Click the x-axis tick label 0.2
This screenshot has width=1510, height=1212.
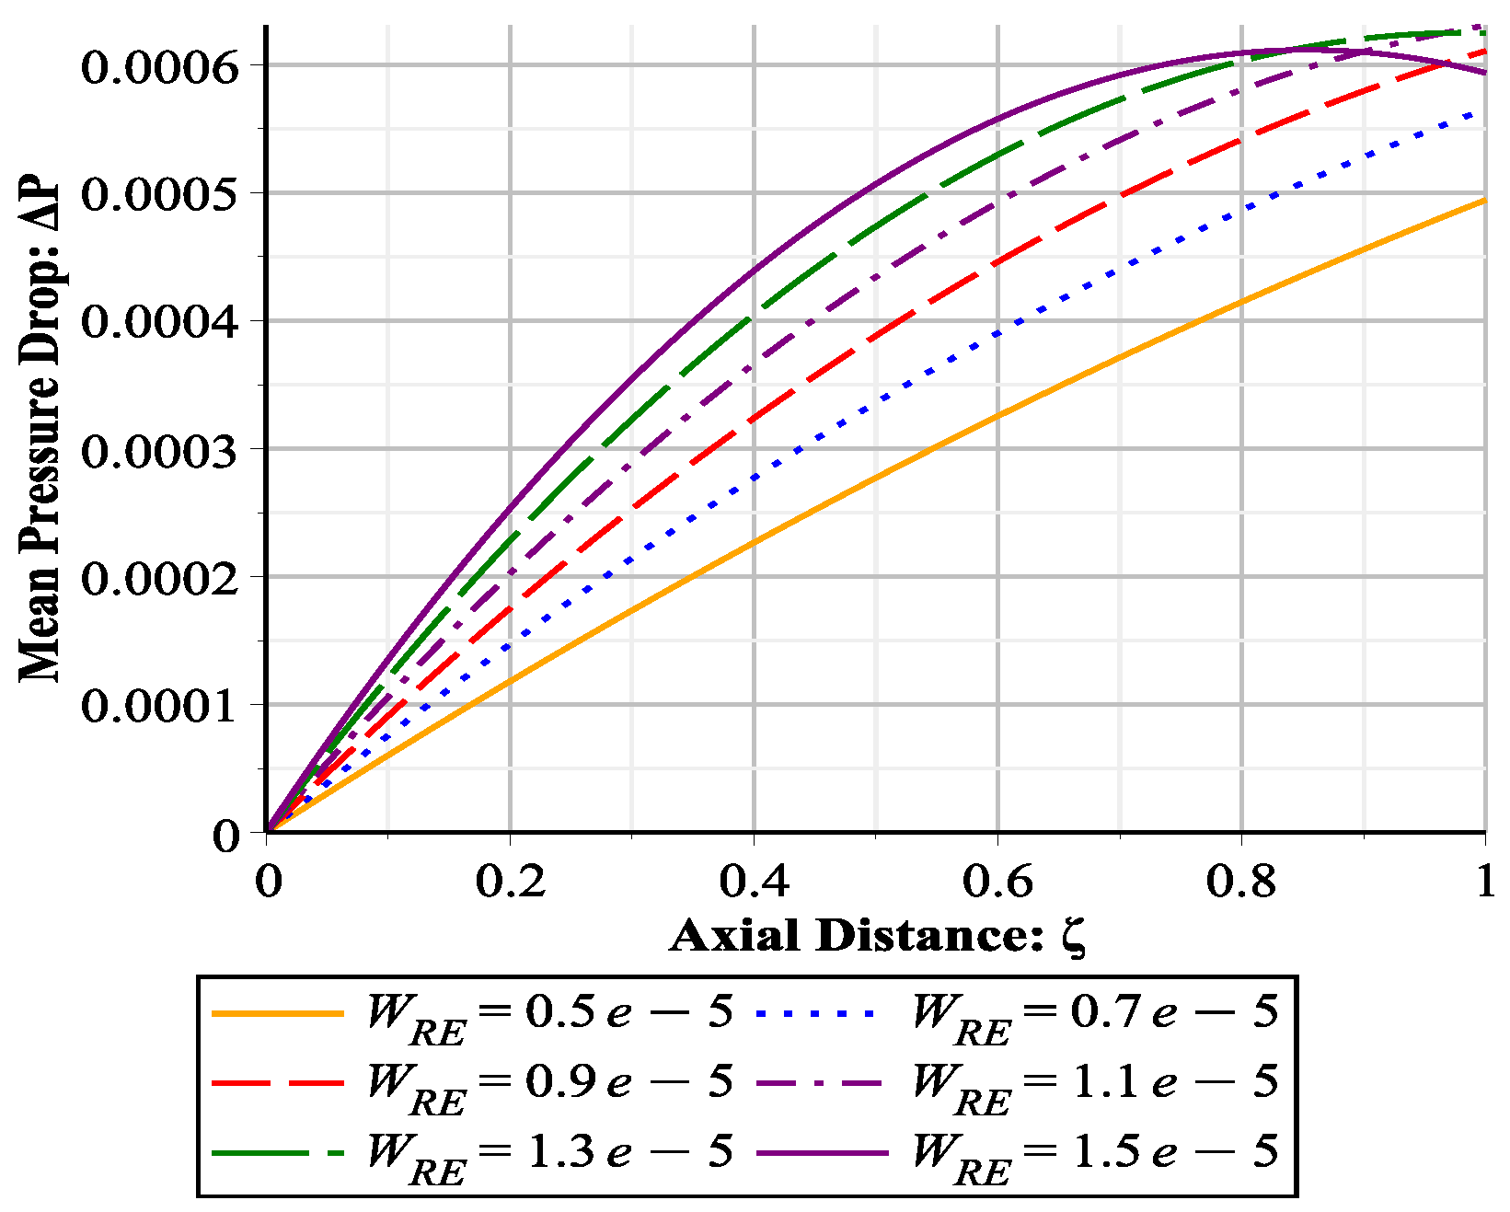(x=510, y=881)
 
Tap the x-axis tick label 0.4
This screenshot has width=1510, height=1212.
(x=754, y=881)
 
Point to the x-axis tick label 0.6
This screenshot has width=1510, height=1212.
(x=997, y=881)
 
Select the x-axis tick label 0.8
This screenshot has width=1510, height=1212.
(x=1241, y=881)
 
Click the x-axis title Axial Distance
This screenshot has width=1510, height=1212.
(x=877, y=936)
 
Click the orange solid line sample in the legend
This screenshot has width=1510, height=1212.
(x=277, y=1013)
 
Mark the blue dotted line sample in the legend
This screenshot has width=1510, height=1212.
(x=816, y=1013)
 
